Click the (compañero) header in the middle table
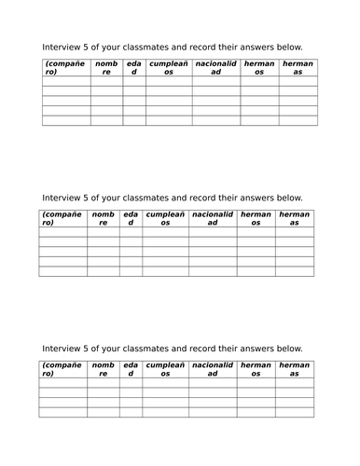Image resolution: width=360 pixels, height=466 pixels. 62,218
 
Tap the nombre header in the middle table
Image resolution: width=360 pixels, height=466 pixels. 104,218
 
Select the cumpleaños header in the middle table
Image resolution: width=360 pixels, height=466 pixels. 166,218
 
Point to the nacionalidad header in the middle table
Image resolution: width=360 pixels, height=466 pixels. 213,218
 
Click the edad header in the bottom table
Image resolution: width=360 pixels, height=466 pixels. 132,369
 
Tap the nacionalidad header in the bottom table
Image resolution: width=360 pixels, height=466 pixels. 213,369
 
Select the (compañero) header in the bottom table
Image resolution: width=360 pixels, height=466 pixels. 62,369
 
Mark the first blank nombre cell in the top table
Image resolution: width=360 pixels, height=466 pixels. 105,81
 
